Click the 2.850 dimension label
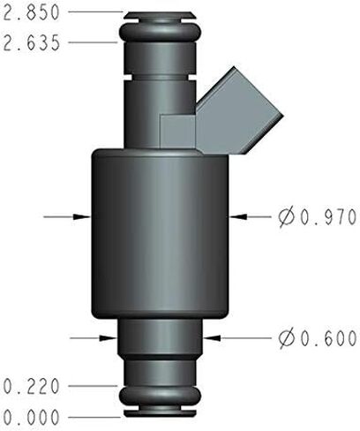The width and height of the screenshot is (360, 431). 32,12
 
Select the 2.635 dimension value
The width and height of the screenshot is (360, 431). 32,43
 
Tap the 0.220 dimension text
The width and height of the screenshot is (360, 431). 32,386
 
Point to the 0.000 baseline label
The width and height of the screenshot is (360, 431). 32,417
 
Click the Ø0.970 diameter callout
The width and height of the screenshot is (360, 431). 318,217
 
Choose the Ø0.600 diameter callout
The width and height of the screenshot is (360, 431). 318,338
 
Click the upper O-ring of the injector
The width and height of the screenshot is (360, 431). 160,31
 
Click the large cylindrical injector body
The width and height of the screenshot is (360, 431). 160,234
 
